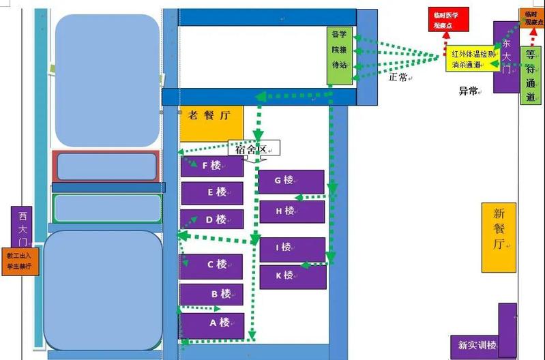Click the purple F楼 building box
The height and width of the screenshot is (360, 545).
211,166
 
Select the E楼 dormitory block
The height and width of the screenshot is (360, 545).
211,193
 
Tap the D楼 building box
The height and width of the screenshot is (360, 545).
211,220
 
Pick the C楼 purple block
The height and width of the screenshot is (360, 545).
211,266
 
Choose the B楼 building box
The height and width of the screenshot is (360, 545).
211,294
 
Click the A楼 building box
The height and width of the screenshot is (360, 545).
211,324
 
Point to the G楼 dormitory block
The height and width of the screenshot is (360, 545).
291,181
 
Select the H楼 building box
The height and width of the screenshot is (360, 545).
291,211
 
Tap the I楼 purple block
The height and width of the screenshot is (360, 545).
292,248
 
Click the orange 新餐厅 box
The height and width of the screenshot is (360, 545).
499,237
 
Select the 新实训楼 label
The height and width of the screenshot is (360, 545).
477,344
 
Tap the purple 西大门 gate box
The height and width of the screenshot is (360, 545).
22,228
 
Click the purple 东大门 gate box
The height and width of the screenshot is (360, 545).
505,57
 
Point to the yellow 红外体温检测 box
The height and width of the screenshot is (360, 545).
473,59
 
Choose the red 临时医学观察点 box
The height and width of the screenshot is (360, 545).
447,20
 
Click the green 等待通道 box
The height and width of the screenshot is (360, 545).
531,75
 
